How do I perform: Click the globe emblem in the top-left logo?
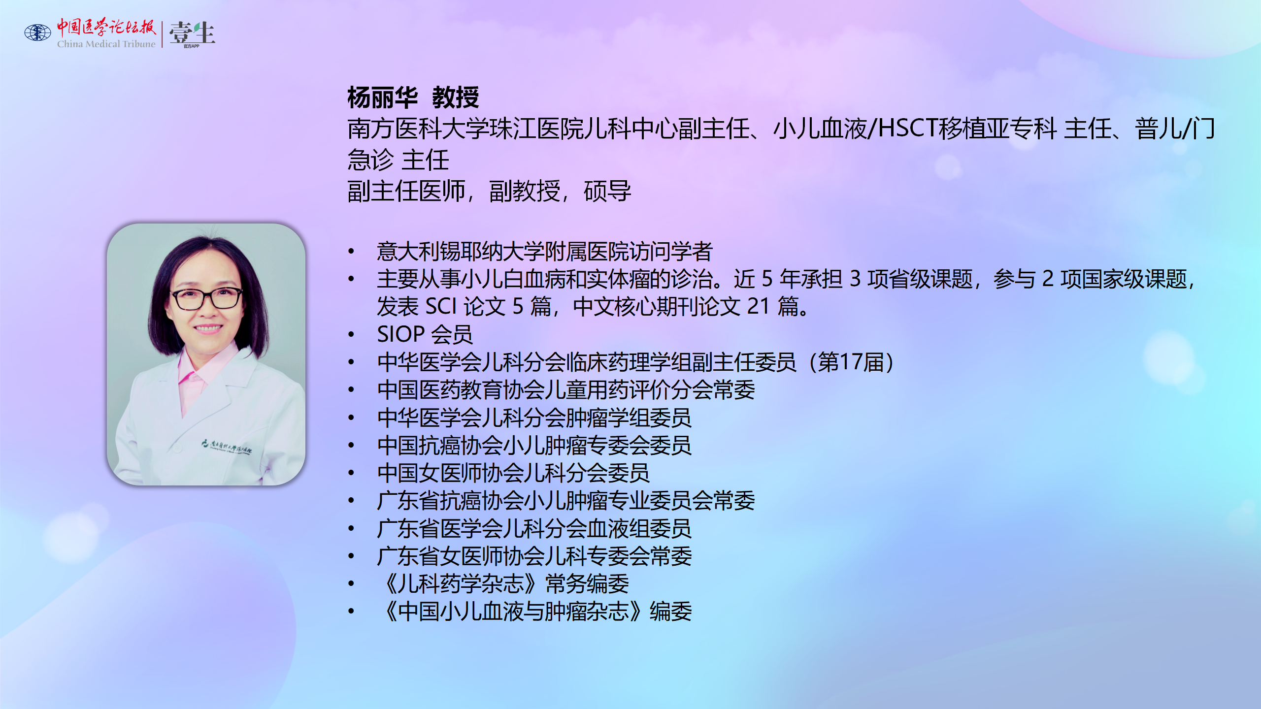38,32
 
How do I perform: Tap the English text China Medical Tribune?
106,44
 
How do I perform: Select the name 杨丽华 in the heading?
383,97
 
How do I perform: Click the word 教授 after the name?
456,97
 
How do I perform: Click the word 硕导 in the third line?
607,191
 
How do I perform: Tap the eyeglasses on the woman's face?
206,298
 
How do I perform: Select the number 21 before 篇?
759,307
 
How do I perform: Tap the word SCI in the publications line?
441,307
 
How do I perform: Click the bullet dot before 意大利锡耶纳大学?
351,252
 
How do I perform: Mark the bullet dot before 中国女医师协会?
351,473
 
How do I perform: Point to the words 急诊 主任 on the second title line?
398,160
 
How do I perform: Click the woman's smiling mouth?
208,328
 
